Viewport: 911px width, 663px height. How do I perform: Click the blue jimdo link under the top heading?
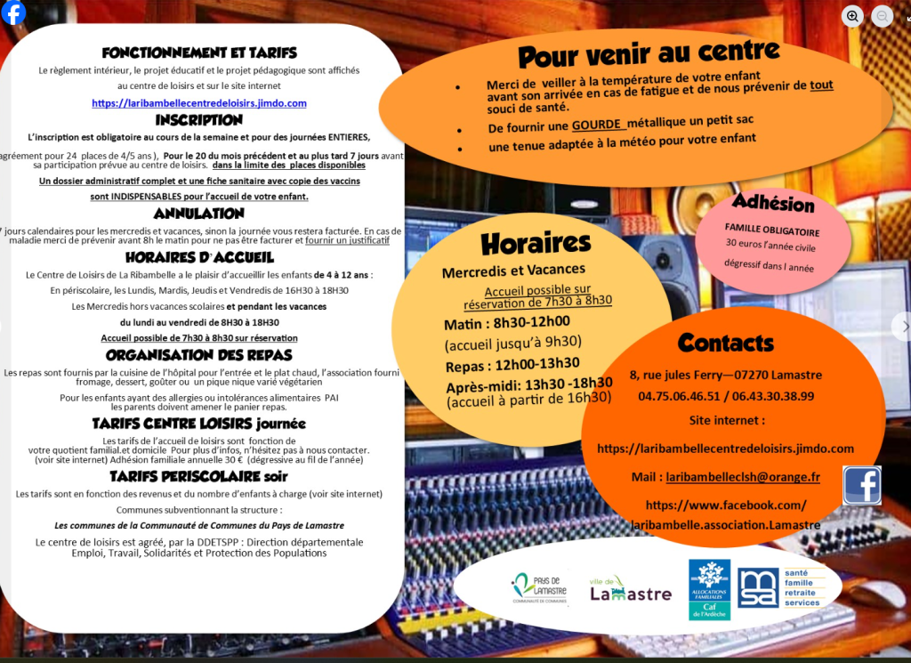tap(199, 103)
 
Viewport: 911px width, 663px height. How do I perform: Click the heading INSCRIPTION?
tap(199, 120)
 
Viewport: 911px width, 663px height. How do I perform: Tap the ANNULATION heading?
tap(199, 214)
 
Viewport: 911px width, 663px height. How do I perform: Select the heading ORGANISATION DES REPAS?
tap(199, 355)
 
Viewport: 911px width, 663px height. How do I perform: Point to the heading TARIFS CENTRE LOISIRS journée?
tap(199, 424)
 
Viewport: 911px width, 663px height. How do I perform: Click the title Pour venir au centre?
tap(649, 54)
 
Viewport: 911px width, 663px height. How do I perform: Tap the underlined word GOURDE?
tap(598, 125)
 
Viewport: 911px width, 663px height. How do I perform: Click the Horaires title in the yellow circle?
tap(536, 243)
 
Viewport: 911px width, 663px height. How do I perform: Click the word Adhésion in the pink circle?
tap(773, 202)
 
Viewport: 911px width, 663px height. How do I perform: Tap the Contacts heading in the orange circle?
tap(726, 343)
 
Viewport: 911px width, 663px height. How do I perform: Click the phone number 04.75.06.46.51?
tap(678, 396)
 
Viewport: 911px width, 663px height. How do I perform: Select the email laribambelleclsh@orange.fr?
tap(742, 477)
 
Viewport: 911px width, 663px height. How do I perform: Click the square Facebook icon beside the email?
tap(861, 485)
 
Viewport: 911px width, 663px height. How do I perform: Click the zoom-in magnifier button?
tap(852, 15)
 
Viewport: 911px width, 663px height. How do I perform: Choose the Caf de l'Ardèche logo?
tap(709, 588)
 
